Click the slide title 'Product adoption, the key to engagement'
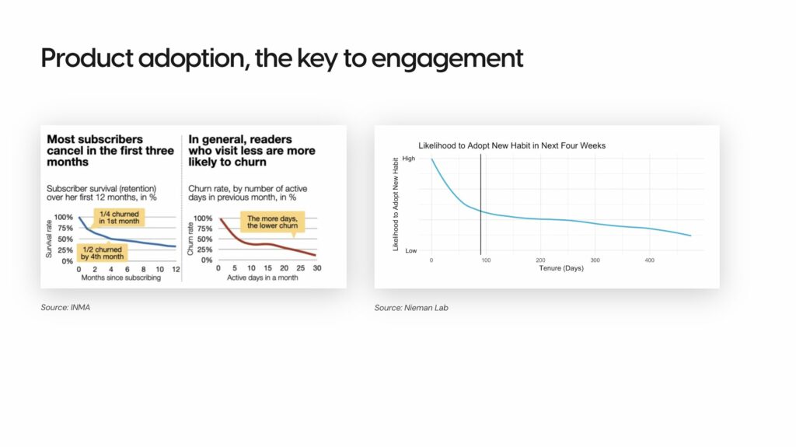pos(281,58)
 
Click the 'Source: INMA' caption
pos(60,308)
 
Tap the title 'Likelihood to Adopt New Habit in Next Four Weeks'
pos(511,145)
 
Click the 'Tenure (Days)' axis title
pos(561,268)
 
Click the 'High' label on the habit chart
pos(409,159)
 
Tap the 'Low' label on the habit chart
pos(410,250)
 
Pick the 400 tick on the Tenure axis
pos(649,260)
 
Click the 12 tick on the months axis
pos(175,269)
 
